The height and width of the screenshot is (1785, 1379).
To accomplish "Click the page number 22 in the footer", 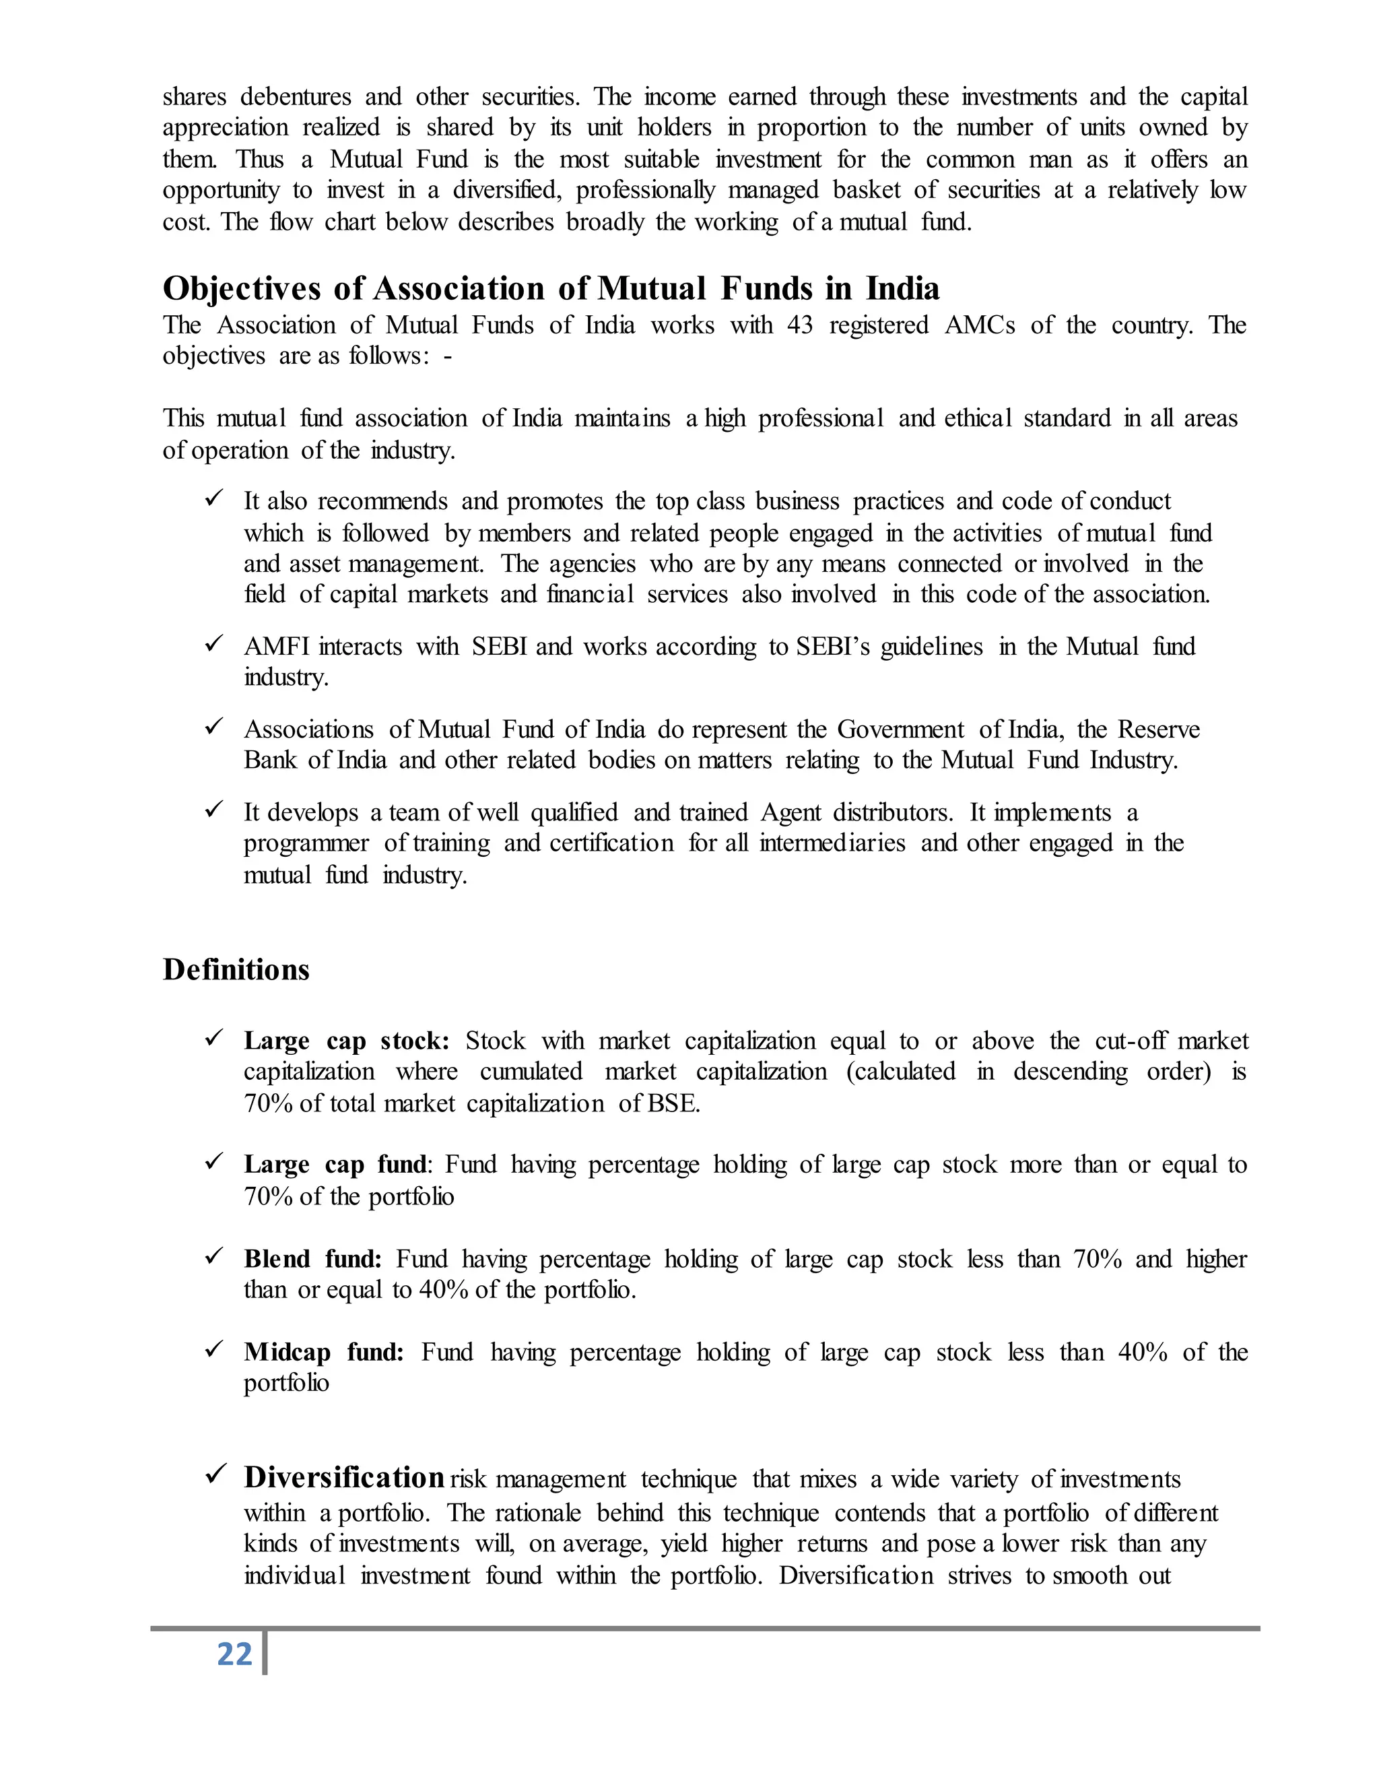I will point(234,1654).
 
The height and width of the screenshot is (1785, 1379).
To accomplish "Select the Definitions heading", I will point(236,969).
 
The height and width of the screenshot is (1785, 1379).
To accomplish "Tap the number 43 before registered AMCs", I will point(800,325).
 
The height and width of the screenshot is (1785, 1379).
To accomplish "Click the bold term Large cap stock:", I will point(346,1041).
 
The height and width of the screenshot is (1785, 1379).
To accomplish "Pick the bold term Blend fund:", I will point(312,1259).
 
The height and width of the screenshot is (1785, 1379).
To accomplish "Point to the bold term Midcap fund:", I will point(323,1352).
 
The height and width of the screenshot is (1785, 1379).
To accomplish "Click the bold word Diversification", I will point(344,1478).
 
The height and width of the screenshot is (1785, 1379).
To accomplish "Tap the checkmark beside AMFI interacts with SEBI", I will point(214,645).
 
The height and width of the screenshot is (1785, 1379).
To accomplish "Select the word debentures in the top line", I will point(295,97).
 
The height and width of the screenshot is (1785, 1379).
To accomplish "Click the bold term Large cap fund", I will point(335,1164).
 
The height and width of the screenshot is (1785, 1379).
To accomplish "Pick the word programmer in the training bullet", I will point(306,843).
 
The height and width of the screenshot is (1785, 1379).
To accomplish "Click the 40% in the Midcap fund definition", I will point(1142,1352).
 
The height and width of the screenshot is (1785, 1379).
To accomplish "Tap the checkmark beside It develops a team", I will point(214,810).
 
